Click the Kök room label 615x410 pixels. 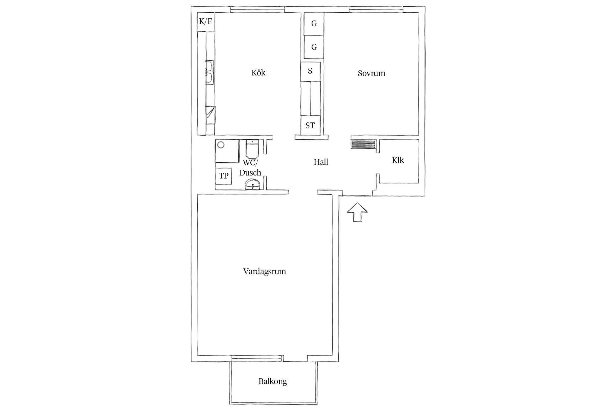[x=258, y=73]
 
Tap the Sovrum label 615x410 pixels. [x=371, y=73]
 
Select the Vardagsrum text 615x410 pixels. [x=265, y=272]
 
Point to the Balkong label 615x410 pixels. [x=273, y=381]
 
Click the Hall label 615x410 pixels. [x=321, y=162]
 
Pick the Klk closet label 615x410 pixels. [x=398, y=160]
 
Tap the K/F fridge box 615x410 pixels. [x=206, y=22]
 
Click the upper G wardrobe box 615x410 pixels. [x=314, y=24]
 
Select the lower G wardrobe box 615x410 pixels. [x=314, y=47]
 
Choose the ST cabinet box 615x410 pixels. [x=310, y=125]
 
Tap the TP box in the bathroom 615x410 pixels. [x=224, y=176]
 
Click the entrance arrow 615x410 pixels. [x=357, y=212]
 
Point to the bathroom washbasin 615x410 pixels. [x=253, y=184]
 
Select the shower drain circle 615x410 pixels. [x=221, y=145]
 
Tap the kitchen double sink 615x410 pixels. [x=210, y=73]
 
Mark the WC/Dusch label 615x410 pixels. [x=250, y=168]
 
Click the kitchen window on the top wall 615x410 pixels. [x=257, y=10]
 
